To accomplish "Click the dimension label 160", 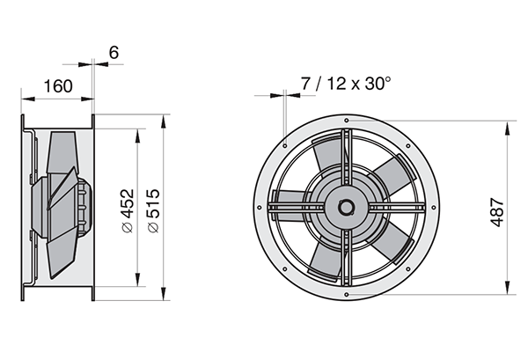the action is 58,86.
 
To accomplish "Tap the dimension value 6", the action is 114,53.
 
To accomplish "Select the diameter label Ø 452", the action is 128,211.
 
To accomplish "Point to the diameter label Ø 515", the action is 153,211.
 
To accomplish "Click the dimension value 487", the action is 497,212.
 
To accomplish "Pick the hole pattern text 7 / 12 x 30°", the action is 346,84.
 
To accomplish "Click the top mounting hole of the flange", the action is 347,121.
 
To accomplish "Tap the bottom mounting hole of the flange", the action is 347,295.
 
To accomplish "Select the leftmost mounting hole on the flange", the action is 260,208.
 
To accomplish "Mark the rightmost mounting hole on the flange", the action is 434,208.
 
